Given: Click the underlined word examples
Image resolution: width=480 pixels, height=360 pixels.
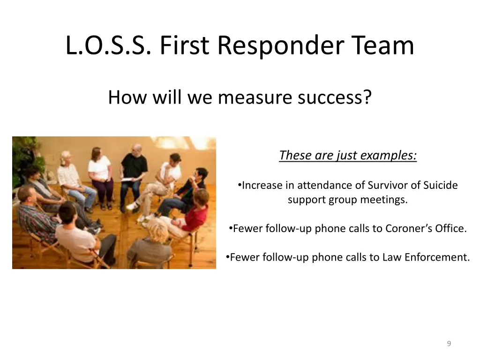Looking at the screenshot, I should [x=390, y=155].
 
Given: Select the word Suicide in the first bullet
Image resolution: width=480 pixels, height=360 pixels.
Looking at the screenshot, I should [x=441, y=185].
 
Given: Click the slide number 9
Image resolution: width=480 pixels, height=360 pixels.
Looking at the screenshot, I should [x=449, y=344].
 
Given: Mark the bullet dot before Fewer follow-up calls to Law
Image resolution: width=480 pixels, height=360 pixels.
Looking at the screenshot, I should [x=227, y=256].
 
